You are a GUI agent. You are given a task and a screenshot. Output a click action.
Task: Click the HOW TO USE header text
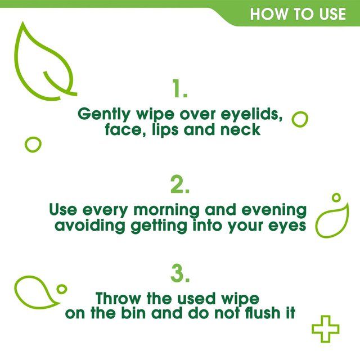298,13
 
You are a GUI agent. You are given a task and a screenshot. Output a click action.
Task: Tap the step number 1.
179,89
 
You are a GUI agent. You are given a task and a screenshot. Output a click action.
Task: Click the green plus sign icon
325,328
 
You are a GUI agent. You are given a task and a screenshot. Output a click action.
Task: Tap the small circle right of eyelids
300,119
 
